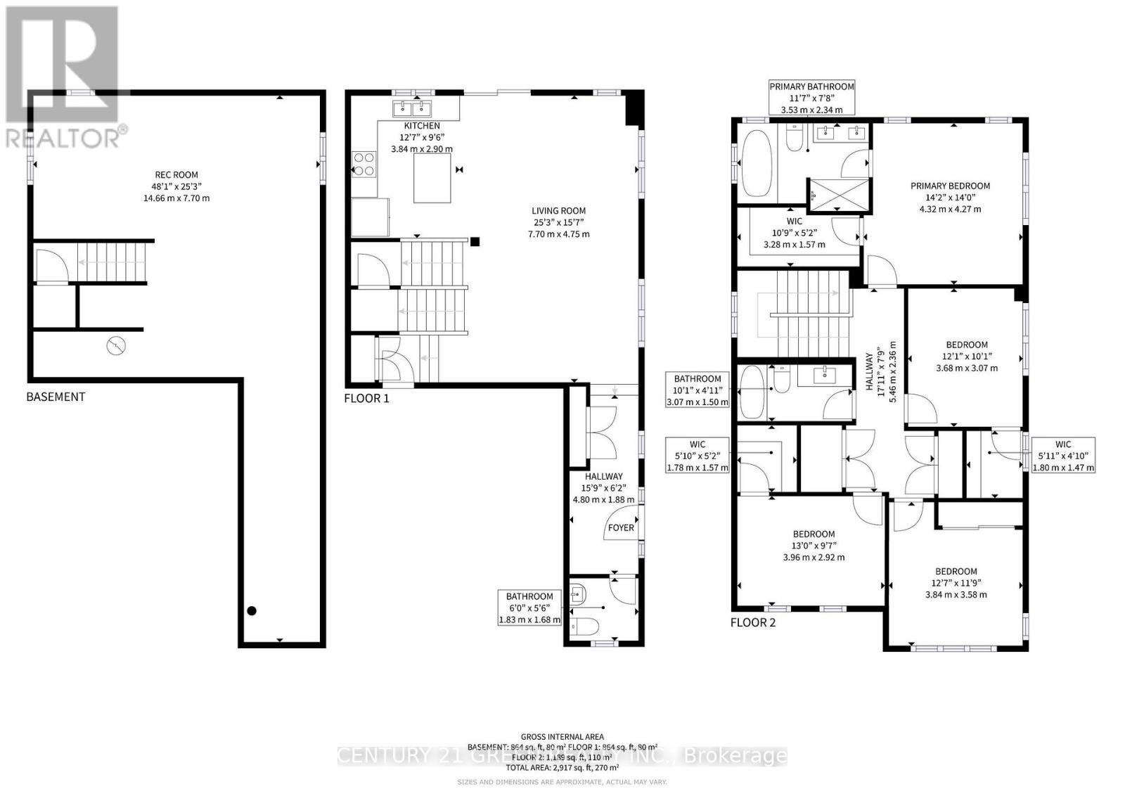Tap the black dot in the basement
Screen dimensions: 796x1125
(252, 611)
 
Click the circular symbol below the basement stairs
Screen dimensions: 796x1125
(117, 345)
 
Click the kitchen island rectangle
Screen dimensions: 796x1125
(432, 178)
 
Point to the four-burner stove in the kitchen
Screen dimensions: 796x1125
(364, 164)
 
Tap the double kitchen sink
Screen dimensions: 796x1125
(412, 108)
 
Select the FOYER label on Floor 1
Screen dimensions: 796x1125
(621, 527)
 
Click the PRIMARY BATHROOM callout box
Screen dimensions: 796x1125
(811, 98)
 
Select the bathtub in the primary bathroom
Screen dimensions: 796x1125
(757, 164)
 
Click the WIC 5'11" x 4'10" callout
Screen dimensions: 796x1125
(1062, 455)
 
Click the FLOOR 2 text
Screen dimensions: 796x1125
(752, 622)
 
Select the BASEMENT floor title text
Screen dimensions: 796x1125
(56, 397)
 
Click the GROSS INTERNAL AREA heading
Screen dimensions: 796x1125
(562, 737)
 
